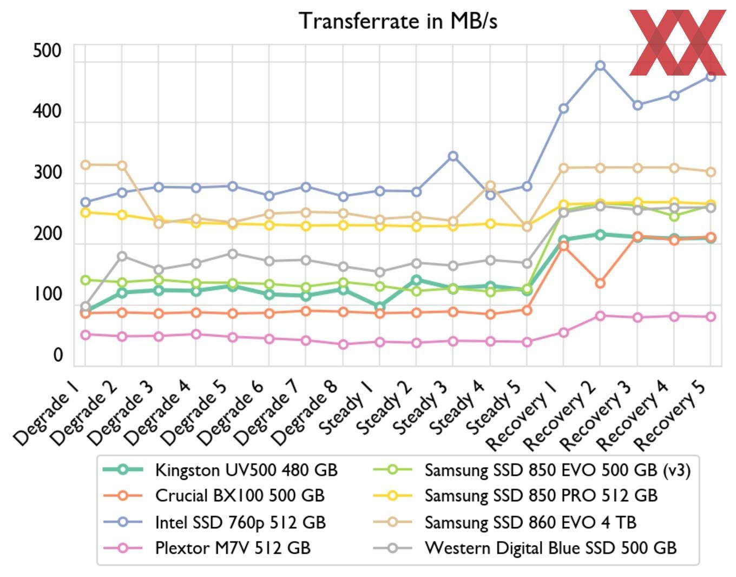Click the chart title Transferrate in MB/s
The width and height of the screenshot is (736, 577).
(x=398, y=22)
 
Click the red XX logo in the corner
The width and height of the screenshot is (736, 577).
(x=678, y=42)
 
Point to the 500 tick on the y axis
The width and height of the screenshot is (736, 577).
(x=48, y=51)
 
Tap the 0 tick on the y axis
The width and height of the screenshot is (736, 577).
(x=58, y=355)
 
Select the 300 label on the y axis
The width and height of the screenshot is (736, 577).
(x=48, y=173)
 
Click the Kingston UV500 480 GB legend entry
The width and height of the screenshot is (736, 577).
(x=246, y=470)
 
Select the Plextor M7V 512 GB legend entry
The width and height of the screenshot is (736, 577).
(x=233, y=548)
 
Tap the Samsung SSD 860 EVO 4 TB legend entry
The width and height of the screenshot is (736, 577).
(x=530, y=522)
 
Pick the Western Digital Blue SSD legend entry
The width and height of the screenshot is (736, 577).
(x=550, y=548)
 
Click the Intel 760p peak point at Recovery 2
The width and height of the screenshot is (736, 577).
(x=600, y=66)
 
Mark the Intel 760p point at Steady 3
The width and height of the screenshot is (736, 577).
(x=453, y=156)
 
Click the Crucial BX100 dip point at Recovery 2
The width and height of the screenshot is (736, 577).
(x=600, y=283)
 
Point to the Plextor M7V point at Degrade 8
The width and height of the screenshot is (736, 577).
(x=343, y=344)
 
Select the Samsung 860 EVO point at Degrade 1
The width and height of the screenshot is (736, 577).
(x=85, y=165)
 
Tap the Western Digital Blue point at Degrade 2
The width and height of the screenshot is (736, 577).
(x=122, y=256)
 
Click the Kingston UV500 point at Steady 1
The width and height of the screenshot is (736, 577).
(x=380, y=307)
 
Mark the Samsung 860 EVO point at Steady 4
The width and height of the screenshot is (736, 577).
(x=490, y=186)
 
